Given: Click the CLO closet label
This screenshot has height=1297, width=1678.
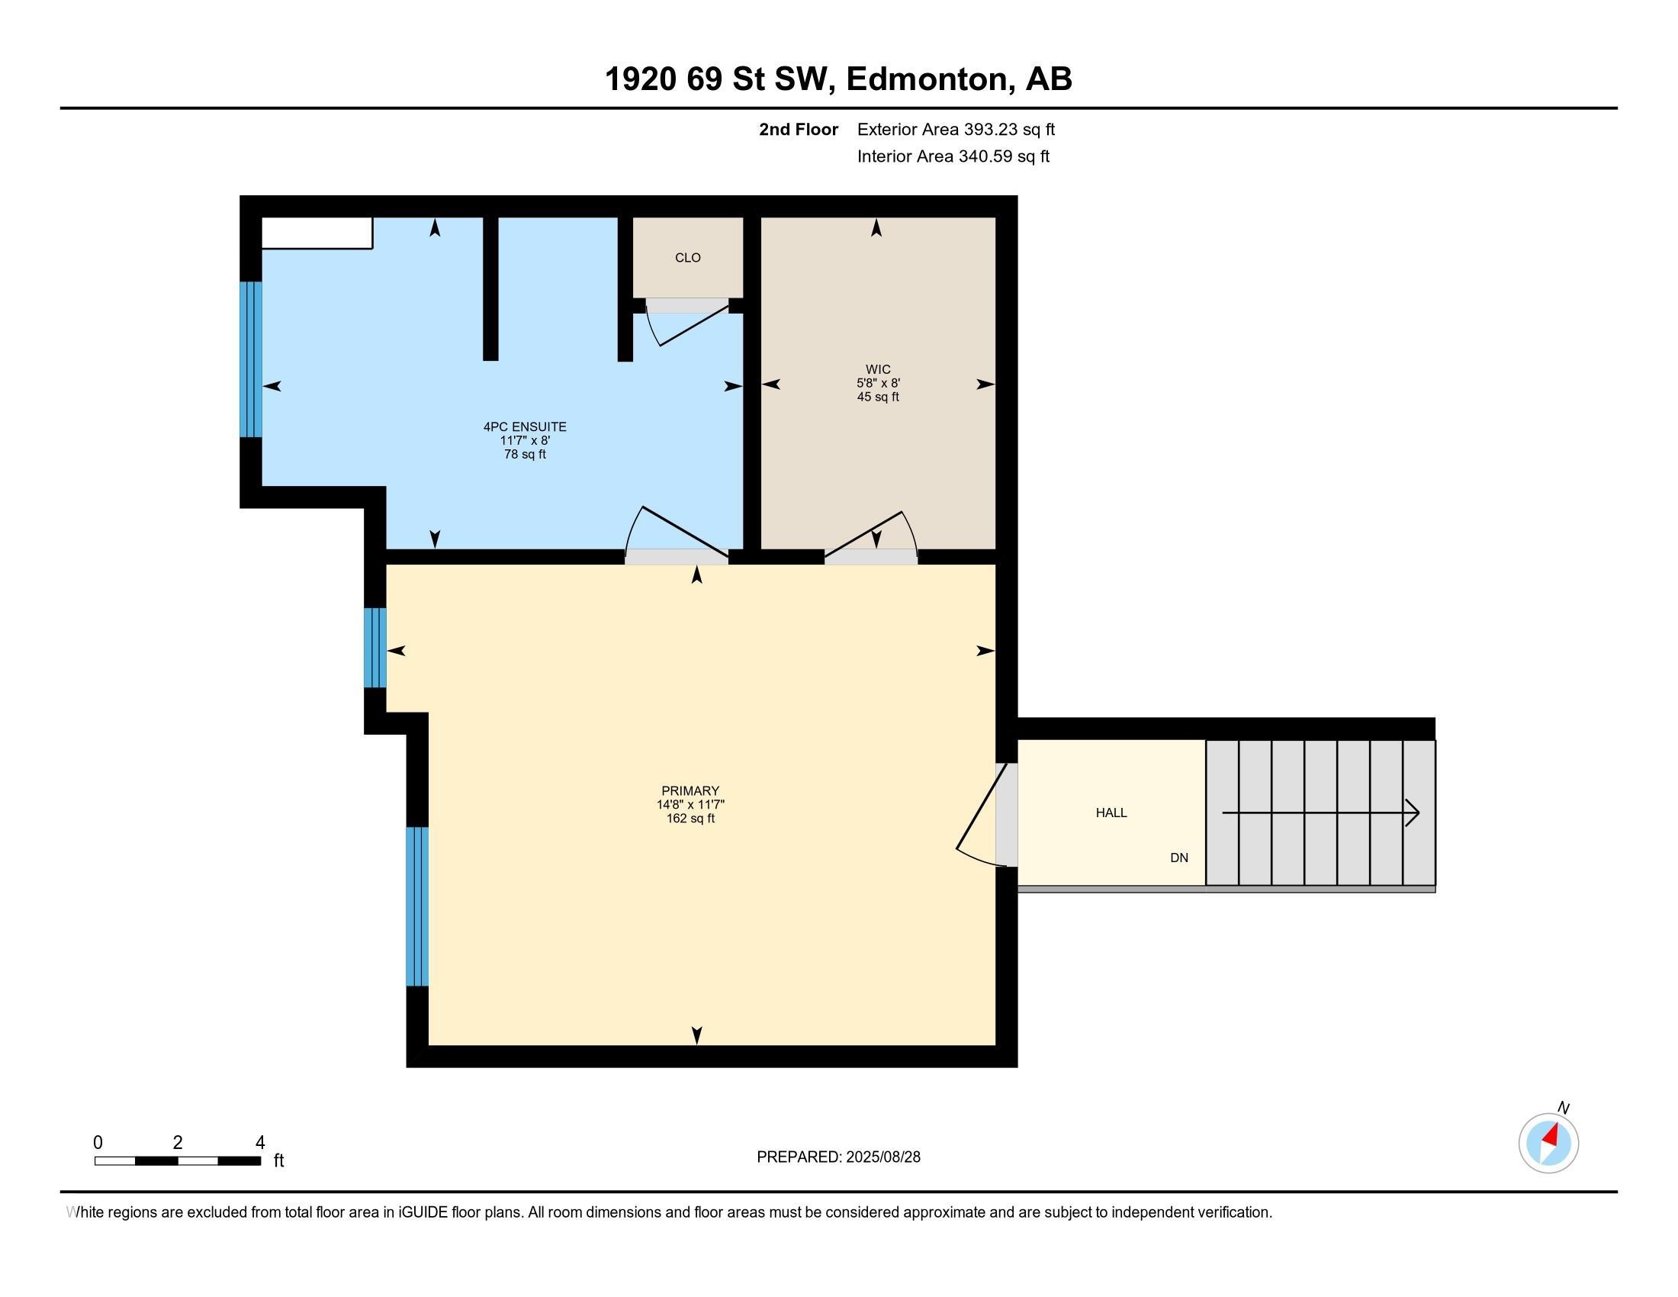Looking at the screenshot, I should [x=688, y=258].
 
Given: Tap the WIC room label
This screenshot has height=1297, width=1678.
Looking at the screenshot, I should [x=877, y=369].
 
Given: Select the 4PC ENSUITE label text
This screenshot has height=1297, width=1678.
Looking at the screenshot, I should [x=525, y=426].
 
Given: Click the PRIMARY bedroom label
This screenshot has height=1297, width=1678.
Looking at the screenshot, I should [x=690, y=790].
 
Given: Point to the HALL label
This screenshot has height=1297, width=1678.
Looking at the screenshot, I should [x=1111, y=813].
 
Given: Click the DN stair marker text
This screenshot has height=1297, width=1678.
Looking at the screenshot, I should [x=1178, y=858].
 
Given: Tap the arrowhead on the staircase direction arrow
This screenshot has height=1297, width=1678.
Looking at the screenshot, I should [x=1412, y=813].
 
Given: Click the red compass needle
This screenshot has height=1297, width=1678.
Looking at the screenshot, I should [x=1551, y=1136].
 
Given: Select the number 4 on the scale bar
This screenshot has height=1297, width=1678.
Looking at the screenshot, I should [x=259, y=1143].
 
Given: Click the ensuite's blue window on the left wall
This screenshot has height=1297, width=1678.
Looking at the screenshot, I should [x=251, y=359].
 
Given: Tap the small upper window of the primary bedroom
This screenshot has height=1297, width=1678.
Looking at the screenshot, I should [x=374, y=648].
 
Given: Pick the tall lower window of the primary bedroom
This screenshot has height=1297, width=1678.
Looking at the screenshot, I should [x=416, y=906].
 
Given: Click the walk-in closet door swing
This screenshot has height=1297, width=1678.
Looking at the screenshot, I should [x=873, y=533].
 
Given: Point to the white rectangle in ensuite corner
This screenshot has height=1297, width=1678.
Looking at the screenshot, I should [x=317, y=233].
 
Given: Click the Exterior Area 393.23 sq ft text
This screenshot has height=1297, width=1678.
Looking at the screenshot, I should [x=955, y=130].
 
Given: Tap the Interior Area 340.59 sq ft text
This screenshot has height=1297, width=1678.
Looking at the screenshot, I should [x=953, y=156].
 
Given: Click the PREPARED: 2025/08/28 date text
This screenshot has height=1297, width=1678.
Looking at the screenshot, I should [x=838, y=1157].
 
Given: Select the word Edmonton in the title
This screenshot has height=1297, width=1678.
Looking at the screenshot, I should [x=927, y=79].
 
